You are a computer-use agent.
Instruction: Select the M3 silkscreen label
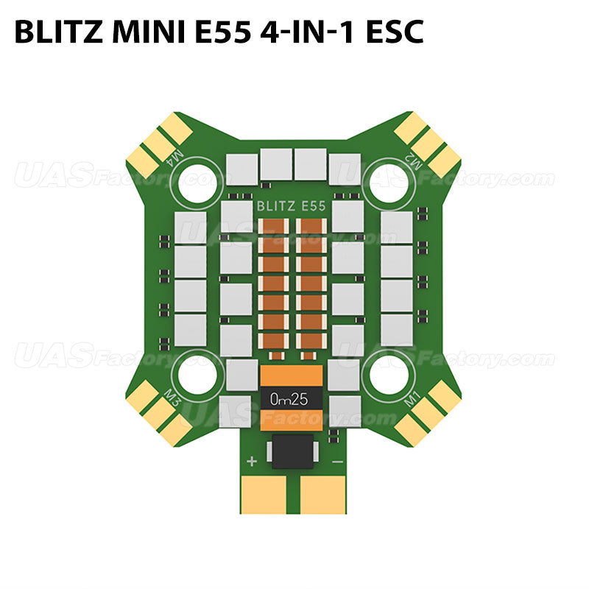pyautogui.click(x=174, y=398)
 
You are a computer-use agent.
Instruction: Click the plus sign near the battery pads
pyautogui.click(x=252, y=462)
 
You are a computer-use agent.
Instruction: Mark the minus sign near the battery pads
pyautogui.click(x=336, y=462)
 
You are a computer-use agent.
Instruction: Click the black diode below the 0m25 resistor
pyautogui.click(x=294, y=451)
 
